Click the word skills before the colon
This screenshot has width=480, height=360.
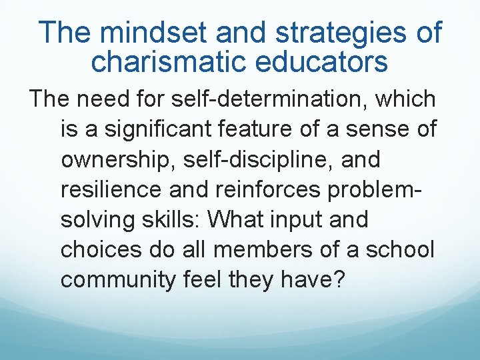[173, 220]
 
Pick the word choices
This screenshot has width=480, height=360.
[97, 250]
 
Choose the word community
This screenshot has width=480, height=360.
[116, 280]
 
